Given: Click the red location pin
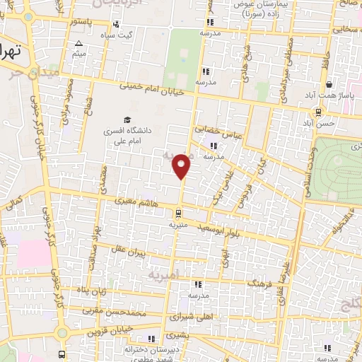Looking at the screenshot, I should [182, 166].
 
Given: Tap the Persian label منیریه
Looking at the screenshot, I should [178, 225].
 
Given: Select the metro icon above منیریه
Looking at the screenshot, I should [179, 213].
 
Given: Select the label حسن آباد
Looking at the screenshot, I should [322, 123].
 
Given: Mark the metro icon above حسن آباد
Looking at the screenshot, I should [320, 111].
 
